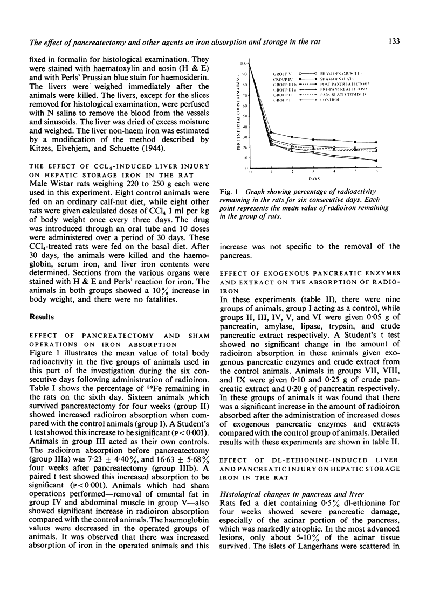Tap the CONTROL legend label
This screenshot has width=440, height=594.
[x=357, y=100]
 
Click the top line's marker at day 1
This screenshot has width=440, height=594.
[x=271, y=132]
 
